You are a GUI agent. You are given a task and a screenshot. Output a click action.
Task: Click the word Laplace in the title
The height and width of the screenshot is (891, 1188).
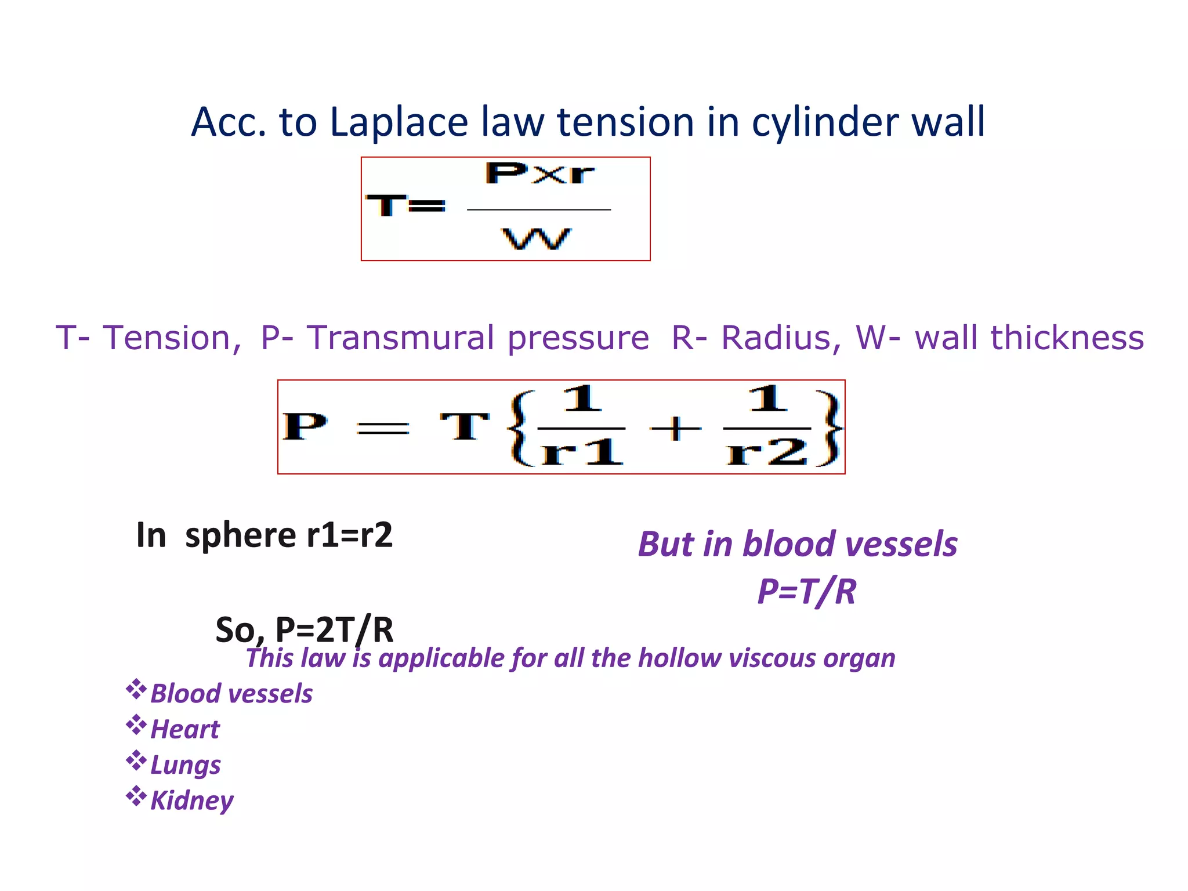click(399, 122)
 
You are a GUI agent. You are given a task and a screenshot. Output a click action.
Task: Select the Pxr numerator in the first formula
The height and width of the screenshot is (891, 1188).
click(539, 173)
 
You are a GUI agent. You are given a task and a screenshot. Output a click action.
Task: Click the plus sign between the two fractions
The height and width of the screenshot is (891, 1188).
click(675, 429)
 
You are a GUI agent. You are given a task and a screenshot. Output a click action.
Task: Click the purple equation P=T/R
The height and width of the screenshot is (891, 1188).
click(806, 592)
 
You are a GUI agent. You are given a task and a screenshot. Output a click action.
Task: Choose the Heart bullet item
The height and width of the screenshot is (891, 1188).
click(185, 729)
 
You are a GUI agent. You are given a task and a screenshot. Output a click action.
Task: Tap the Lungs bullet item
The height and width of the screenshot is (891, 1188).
click(186, 765)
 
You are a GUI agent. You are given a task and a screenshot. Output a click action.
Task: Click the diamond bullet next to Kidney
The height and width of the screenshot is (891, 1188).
click(136, 796)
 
